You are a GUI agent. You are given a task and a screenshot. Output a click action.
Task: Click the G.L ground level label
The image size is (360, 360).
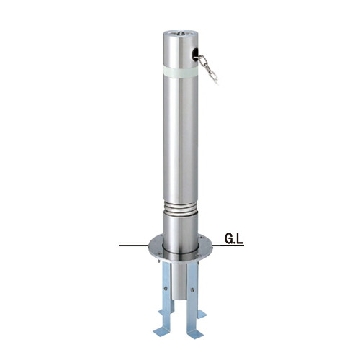point(233,239)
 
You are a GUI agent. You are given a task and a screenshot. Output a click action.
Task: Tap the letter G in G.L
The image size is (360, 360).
point(228,239)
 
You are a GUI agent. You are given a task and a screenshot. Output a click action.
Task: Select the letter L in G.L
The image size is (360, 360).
point(240,239)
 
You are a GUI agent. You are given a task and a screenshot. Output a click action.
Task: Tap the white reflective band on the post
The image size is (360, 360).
point(181,71)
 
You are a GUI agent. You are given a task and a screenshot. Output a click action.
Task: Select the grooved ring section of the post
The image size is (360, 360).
point(181,208)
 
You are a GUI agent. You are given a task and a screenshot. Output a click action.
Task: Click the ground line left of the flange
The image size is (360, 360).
point(134,246)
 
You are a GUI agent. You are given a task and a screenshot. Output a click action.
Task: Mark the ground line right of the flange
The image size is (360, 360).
point(228,246)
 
